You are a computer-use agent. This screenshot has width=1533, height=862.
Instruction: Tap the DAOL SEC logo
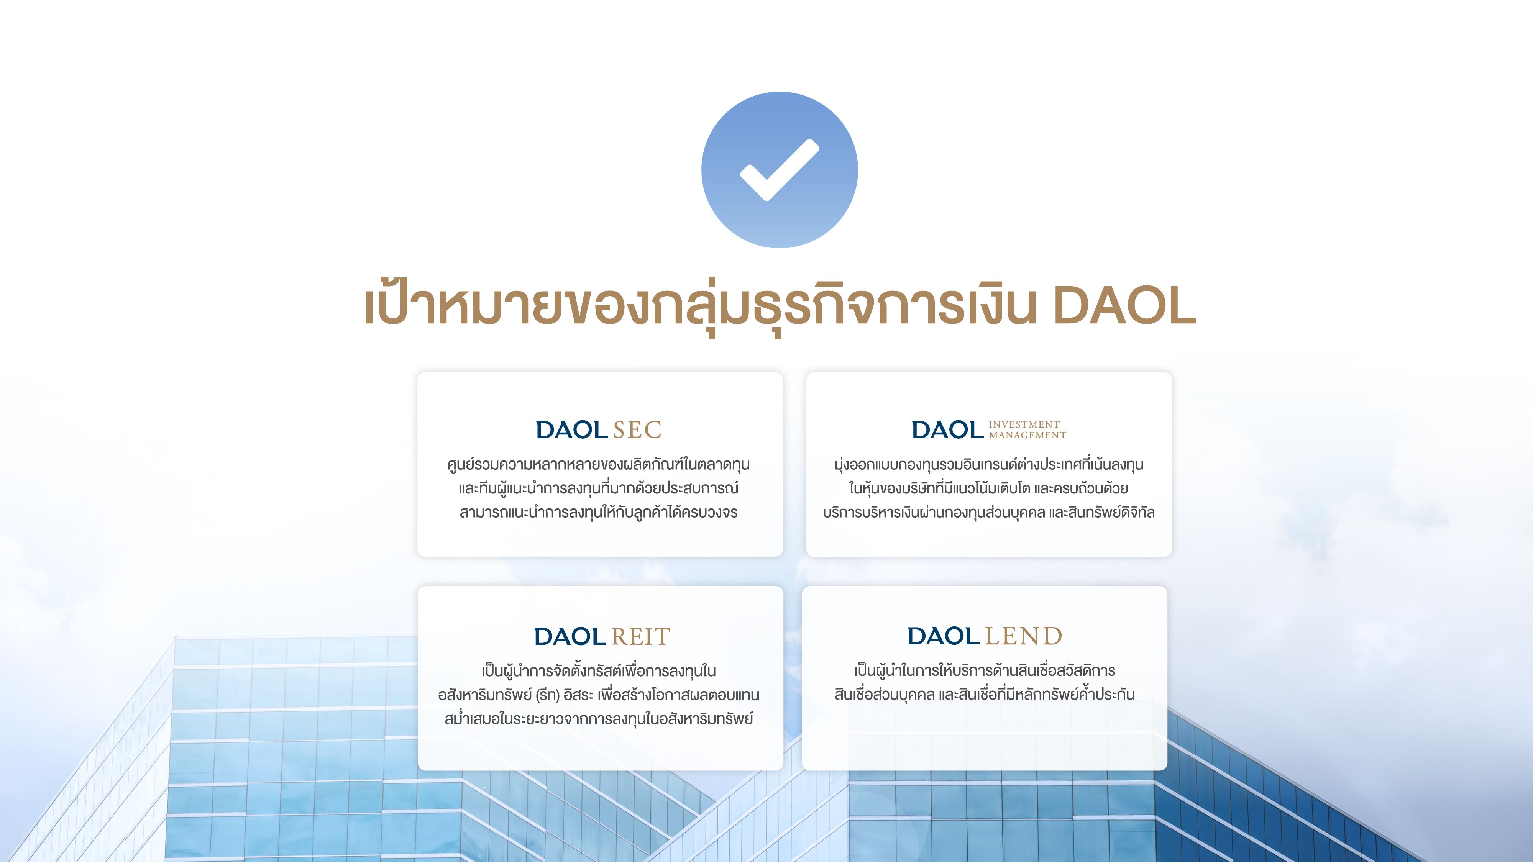pos(599,429)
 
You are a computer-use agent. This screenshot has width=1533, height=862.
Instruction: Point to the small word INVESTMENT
pos(1024,424)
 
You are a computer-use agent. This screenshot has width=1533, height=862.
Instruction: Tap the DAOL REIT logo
pos(602,636)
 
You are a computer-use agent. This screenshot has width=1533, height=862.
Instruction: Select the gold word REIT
pos(641,636)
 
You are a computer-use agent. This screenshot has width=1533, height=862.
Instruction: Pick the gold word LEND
pos(1024,636)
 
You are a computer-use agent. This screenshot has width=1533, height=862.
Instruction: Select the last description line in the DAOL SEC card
pos(599,512)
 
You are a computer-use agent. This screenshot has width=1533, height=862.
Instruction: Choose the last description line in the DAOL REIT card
pos(599,719)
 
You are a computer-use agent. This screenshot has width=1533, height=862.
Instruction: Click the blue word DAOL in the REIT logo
pos(570,636)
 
